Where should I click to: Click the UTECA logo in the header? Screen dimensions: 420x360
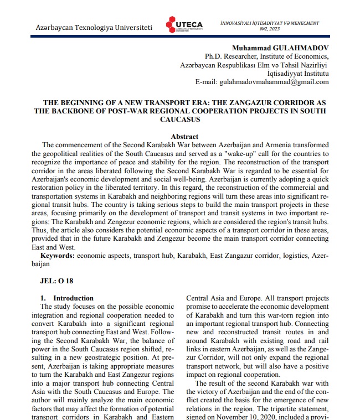click(185, 25)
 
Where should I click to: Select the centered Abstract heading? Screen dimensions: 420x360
click(184, 136)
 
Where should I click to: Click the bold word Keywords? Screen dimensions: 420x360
click(58, 256)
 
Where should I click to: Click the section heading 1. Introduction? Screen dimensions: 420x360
click(67, 298)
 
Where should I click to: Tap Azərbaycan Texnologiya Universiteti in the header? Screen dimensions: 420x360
click(94, 27)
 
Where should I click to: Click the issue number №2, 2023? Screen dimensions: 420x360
click(270, 29)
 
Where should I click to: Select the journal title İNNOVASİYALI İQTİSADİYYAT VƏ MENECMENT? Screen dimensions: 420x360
click(270, 23)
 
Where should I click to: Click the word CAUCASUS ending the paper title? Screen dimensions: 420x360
click(180, 119)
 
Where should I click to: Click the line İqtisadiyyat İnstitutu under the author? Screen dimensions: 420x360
click(297, 73)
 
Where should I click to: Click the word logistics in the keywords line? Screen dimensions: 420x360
click(295, 256)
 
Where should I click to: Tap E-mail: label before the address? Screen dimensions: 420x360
click(207, 81)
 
